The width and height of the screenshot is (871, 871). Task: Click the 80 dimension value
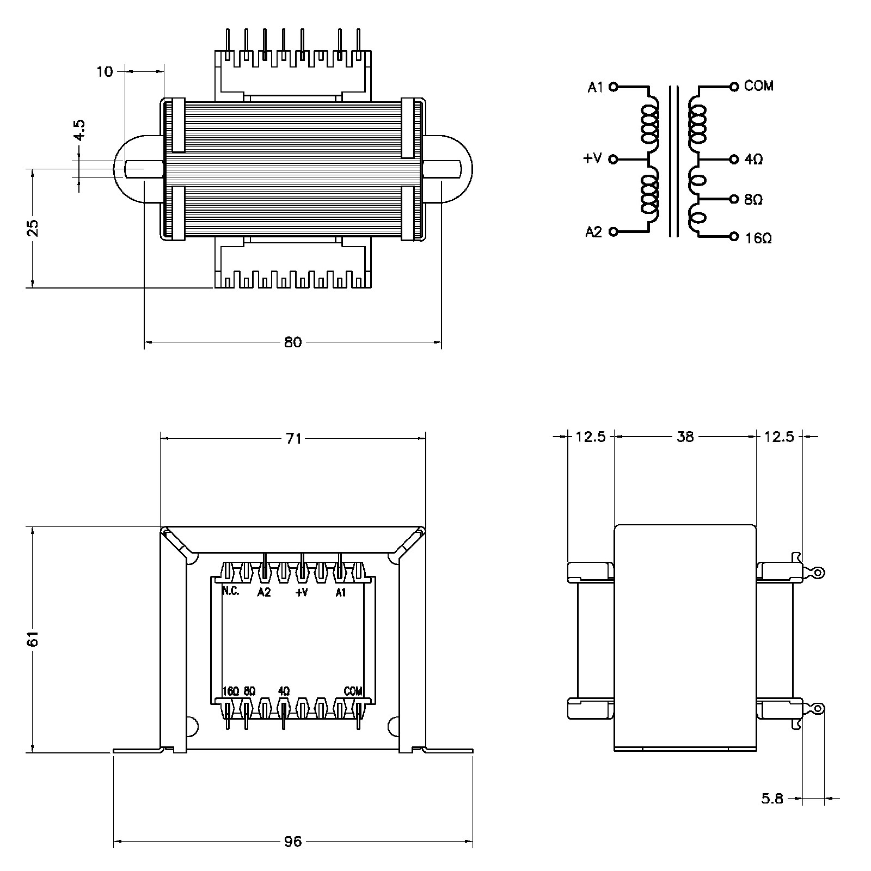click(293, 342)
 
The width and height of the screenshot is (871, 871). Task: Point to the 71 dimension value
click(293, 438)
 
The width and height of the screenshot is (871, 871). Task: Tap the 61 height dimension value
click(34, 639)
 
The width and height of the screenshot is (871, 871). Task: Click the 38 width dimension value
click(685, 437)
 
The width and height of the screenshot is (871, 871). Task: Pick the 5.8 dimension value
click(772, 799)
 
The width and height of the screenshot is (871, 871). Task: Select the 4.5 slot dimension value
click(79, 131)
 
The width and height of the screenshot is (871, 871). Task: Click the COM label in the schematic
click(759, 86)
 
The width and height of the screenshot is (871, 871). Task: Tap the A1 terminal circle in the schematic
click(613, 86)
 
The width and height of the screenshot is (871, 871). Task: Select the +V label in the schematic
click(593, 158)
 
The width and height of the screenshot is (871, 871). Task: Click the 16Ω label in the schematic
click(758, 238)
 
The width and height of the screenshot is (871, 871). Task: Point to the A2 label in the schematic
click(594, 232)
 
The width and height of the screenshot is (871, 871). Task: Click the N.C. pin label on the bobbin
click(230, 592)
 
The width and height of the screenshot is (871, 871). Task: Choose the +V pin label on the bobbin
click(302, 593)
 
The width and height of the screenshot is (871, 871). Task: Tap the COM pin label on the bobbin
click(353, 691)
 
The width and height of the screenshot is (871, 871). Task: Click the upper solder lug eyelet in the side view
click(818, 573)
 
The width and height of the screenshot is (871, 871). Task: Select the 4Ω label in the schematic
click(754, 160)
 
